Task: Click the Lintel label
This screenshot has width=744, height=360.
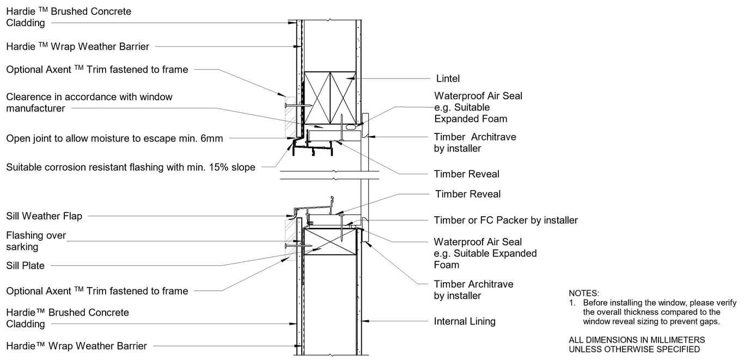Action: (x=448, y=79)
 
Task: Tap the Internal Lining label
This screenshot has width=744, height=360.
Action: (x=465, y=321)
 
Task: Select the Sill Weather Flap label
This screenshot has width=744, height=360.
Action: (x=44, y=216)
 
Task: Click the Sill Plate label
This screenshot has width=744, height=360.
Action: (x=25, y=265)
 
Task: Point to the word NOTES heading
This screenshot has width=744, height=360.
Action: (x=584, y=293)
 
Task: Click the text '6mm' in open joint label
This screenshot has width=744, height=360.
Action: (x=211, y=138)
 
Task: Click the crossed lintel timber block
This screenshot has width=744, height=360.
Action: (x=330, y=98)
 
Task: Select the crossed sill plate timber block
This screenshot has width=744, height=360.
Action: (x=331, y=241)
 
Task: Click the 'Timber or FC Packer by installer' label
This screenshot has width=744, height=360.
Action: (x=506, y=220)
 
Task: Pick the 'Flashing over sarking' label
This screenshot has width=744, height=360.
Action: (x=36, y=241)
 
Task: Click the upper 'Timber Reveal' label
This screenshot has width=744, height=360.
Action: (x=467, y=174)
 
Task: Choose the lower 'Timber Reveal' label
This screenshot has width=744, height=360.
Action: (x=468, y=194)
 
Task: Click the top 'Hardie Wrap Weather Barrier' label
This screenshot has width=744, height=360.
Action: (x=78, y=46)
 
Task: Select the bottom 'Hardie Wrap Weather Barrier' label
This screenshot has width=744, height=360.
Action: (x=76, y=346)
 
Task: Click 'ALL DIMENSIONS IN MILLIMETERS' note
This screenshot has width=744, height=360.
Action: (x=637, y=340)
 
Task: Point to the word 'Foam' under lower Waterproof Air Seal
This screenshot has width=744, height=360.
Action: (x=447, y=265)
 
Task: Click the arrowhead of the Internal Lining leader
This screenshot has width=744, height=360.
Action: (x=365, y=321)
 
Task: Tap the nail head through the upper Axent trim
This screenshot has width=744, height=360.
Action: (x=285, y=106)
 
